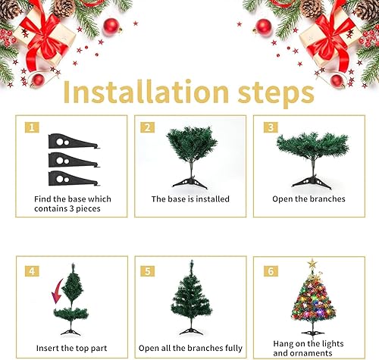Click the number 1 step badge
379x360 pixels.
[x=32, y=127]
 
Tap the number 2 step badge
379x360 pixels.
[x=148, y=127]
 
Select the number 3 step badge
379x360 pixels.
[x=271, y=127]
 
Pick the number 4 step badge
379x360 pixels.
[x=32, y=271]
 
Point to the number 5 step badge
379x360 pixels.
[x=148, y=271]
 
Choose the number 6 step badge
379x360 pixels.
[x=271, y=271]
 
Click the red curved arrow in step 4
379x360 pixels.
[x=58, y=291]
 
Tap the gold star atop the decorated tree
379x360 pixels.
[x=312, y=264]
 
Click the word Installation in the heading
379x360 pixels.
[x=146, y=92]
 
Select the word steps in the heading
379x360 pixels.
[x=276, y=94]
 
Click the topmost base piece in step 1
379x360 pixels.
[x=74, y=141]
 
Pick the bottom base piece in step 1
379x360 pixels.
[x=74, y=178]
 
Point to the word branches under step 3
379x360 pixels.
[x=327, y=199]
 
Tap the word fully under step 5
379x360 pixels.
[x=233, y=349]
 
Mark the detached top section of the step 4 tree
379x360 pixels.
[x=72, y=283]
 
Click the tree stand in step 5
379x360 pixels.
[x=191, y=331]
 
